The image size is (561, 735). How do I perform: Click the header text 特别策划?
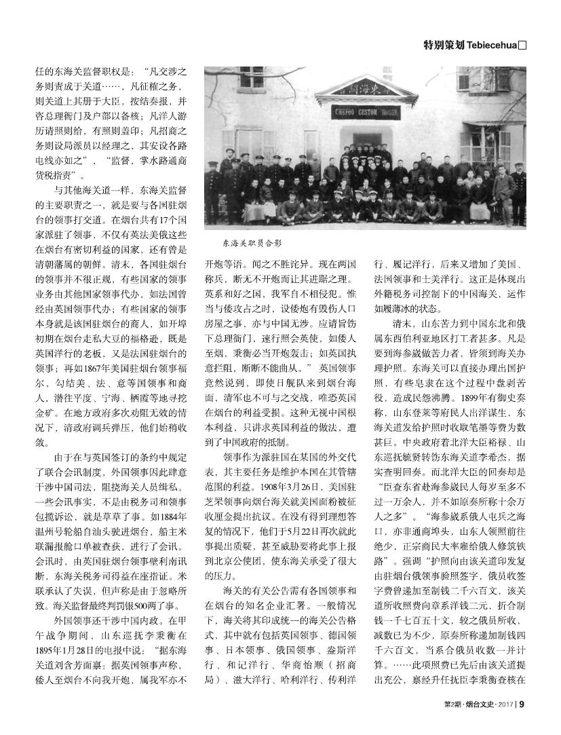coord(444,45)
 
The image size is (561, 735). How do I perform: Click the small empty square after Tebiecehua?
coord(522,45)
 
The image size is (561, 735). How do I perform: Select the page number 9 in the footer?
coord(521,722)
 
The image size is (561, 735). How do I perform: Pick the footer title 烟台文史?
coord(475,722)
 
